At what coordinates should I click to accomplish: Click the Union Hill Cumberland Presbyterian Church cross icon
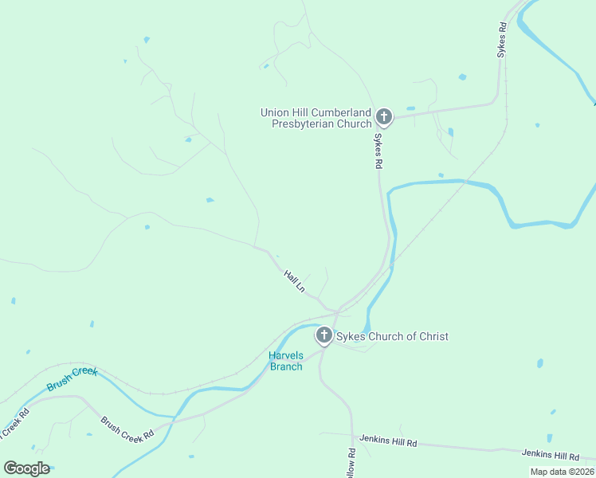tap(383, 117)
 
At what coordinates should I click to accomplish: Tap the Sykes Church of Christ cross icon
tap(323, 335)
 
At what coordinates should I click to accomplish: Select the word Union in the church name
tap(274, 112)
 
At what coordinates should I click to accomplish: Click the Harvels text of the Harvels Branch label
tap(286, 355)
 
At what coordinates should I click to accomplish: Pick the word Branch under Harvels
tap(286, 366)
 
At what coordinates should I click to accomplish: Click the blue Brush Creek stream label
tap(72, 378)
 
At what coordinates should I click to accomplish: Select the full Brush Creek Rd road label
tap(127, 429)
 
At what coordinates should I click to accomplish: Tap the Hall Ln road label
tap(294, 280)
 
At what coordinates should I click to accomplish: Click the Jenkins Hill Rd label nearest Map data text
tap(550, 455)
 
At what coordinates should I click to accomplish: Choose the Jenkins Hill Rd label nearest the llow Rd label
tap(388, 440)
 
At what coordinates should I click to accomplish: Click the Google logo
tap(26, 468)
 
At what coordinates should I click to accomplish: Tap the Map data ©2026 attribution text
tap(562, 472)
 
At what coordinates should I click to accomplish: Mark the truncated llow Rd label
tap(351, 463)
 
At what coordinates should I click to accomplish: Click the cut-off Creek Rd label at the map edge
tap(14, 424)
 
